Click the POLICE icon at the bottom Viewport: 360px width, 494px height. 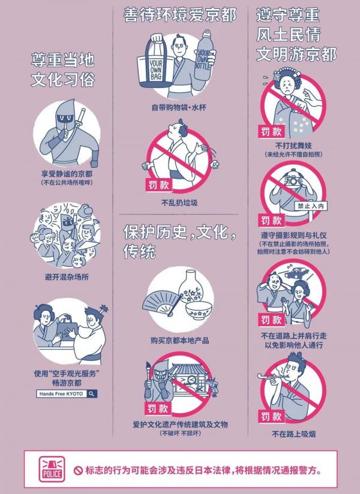(x=52, y=469)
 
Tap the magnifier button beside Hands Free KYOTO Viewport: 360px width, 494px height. (x=92, y=393)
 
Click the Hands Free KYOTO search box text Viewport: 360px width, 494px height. (x=61, y=394)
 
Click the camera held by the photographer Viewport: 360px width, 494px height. (x=293, y=180)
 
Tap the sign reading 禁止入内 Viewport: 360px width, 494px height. (x=311, y=206)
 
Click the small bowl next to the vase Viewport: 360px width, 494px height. (x=198, y=311)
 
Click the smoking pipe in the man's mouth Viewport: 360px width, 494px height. (x=271, y=377)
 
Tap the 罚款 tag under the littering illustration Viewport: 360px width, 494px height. (x=159, y=185)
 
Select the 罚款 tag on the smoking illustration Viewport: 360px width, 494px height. (x=271, y=417)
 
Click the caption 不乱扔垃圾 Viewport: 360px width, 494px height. (x=179, y=203)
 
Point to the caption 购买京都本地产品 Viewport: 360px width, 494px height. (x=179, y=341)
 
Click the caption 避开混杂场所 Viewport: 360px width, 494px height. (x=67, y=277)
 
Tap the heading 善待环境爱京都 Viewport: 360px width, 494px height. (x=179, y=15)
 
